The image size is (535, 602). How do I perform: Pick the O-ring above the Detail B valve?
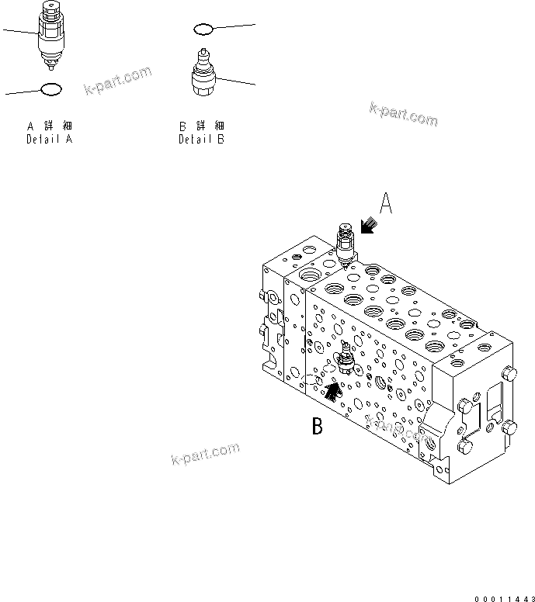tap(203, 29)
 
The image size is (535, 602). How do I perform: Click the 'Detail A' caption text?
tap(50, 140)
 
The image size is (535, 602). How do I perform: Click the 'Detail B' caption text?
tap(202, 140)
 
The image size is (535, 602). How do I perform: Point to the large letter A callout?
tap(387, 204)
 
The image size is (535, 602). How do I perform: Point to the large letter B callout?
tap(318, 425)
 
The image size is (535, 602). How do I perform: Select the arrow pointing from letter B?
tap(332, 390)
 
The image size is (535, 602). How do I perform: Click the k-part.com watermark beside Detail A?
tap(117, 81)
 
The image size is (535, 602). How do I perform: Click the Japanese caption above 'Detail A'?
tap(50, 126)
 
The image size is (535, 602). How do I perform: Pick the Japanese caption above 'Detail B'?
tap(202, 126)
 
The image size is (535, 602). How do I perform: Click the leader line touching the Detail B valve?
tap(237, 80)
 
